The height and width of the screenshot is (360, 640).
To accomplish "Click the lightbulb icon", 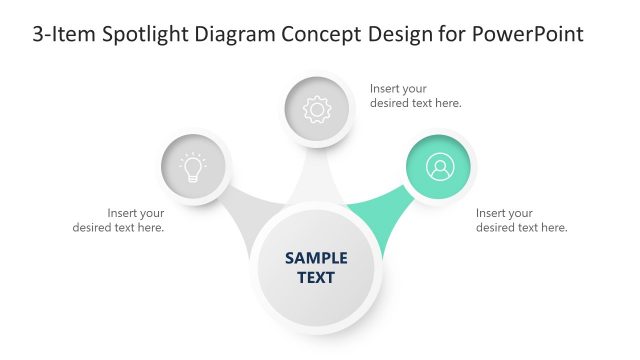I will point(193,167).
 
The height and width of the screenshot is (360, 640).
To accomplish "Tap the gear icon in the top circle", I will point(316,109).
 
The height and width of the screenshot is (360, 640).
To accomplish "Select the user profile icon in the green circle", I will point(439,167).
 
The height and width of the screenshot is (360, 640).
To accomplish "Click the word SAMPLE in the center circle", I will point(316,257).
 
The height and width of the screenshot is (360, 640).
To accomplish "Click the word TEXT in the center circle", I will point(316,277).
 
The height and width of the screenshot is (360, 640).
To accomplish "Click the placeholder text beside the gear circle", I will point(415,95).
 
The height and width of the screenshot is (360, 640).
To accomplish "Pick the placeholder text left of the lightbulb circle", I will point(119,220).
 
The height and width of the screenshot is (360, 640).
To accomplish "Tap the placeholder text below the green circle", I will point(521,220).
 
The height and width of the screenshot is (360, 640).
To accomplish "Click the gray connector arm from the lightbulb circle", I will point(246,208).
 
